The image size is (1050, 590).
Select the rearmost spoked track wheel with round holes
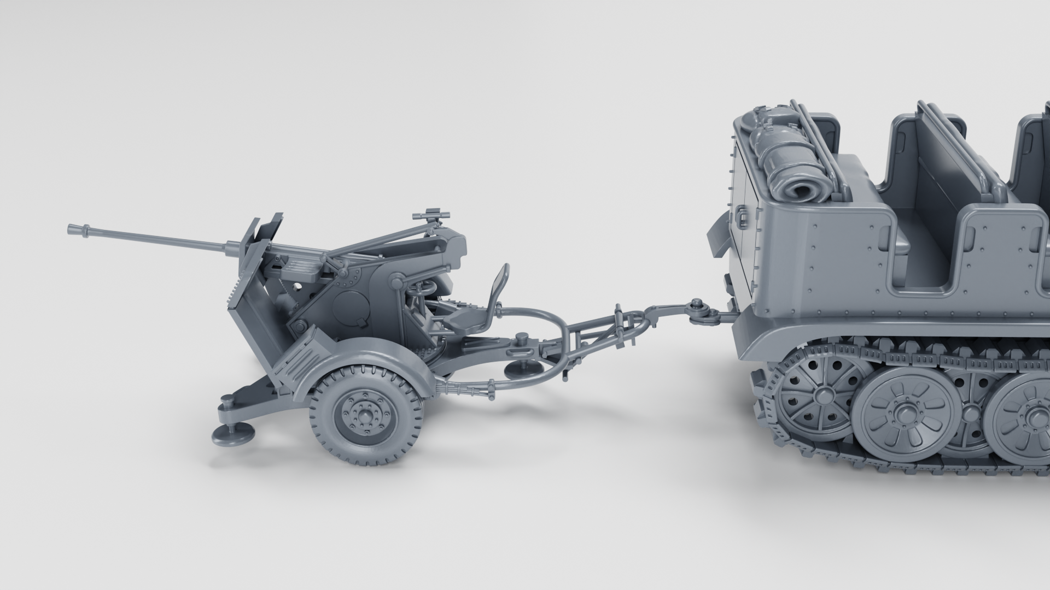(815, 392)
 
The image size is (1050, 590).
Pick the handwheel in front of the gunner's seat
(424, 287)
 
